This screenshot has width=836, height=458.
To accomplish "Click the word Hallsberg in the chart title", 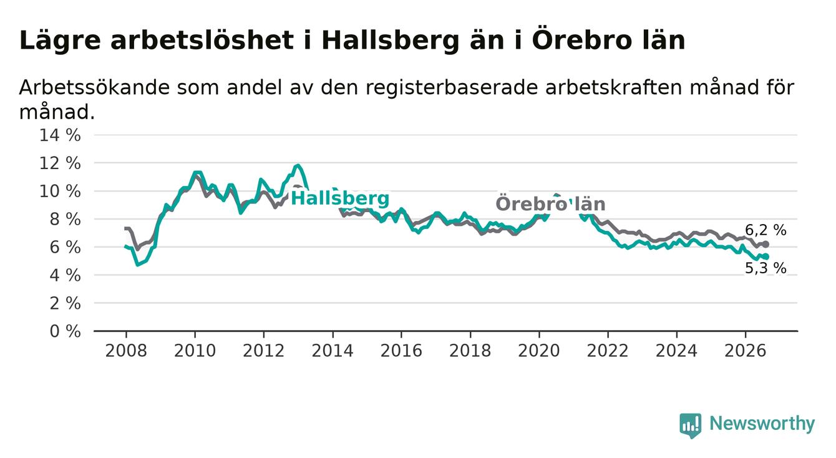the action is (x=390, y=41).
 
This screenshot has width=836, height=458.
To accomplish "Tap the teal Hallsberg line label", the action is (x=340, y=198).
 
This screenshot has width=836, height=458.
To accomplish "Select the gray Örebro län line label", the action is (x=550, y=204).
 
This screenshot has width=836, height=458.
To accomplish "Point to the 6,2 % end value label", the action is (x=766, y=230).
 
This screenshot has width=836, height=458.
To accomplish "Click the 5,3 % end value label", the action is (x=766, y=268).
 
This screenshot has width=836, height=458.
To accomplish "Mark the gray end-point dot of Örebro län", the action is (x=766, y=244).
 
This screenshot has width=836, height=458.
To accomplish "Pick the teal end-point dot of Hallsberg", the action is (x=766, y=256).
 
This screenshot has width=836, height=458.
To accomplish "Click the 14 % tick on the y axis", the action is (x=60, y=135).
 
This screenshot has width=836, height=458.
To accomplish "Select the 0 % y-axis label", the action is (x=65, y=331).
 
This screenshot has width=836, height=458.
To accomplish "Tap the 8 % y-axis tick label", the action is (x=65, y=219).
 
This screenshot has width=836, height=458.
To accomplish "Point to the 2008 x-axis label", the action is (x=126, y=351).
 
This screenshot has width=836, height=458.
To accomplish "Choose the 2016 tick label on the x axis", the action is (x=401, y=351).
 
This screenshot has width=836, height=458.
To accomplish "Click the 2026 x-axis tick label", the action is (x=746, y=351).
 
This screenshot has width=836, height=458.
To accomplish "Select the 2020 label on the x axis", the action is (x=539, y=351).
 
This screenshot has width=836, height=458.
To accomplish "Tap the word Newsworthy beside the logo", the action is (x=762, y=424).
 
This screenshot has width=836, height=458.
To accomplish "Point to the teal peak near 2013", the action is (x=298, y=165).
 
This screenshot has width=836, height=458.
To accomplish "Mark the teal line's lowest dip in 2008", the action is (x=138, y=265).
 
